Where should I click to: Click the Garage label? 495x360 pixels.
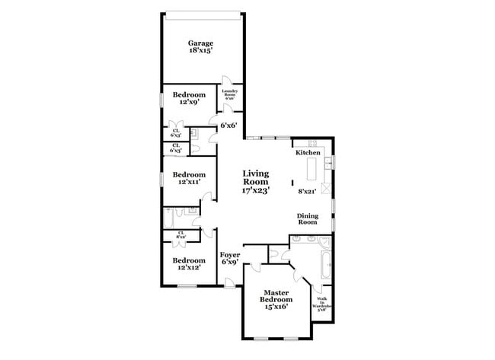[x=201, y=43]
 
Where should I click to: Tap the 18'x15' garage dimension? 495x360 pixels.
[x=201, y=52]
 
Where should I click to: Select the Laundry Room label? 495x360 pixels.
[x=231, y=94]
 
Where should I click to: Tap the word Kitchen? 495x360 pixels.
[x=308, y=153]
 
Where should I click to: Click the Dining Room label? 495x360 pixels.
[x=307, y=218]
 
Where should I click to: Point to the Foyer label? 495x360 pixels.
[x=230, y=255]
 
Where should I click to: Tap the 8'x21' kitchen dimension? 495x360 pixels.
[x=307, y=190]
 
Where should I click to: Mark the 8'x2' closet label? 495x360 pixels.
[x=180, y=234]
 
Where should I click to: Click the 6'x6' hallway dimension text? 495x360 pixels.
[x=228, y=126]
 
